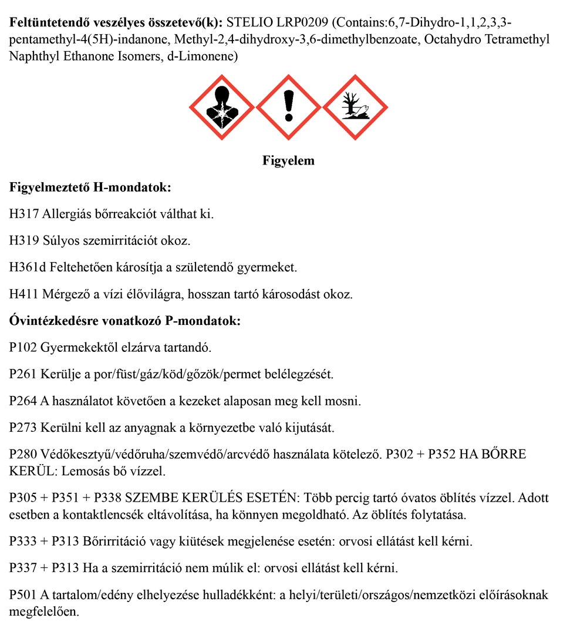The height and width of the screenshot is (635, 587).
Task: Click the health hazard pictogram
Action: click(x=222, y=107)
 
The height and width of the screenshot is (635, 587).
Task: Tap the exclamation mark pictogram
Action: click(x=288, y=107)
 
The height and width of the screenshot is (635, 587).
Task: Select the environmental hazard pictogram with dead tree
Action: click(x=355, y=107)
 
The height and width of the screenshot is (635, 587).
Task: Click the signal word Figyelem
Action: click(x=288, y=160)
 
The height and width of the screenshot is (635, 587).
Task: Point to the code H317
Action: click(x=24, y=213)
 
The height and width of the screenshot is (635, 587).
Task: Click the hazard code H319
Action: click(x=24, y=240)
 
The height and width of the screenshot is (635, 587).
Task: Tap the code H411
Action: click(x=24, y=294)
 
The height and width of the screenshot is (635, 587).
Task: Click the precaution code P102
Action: click(x=23, y=347)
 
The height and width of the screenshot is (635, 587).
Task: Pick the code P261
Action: click(x=23, y=374)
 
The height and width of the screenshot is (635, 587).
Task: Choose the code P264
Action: click(x=23, y=401)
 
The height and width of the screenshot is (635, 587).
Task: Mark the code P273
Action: click(x=23, y=428)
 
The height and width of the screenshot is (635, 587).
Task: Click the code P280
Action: click(x=23, y=455)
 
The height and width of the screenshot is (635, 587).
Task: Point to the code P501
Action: click(x=23, y=595)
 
